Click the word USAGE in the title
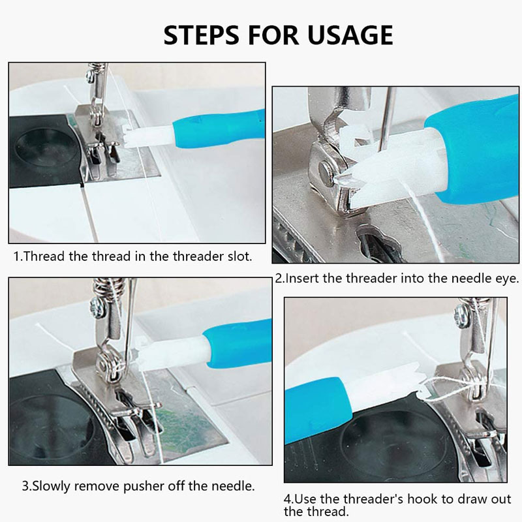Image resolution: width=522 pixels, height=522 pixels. click(350, 35)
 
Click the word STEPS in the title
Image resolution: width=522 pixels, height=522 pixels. click(201, 35)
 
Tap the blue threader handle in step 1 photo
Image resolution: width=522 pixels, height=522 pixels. click(219, 128)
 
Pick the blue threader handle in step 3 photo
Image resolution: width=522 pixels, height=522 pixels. click(238, 343)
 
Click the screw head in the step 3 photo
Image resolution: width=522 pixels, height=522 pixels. click(96, 306)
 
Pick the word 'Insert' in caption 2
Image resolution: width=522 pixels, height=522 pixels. click(302, 279)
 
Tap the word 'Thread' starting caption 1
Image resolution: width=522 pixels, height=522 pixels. click(44, 256)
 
